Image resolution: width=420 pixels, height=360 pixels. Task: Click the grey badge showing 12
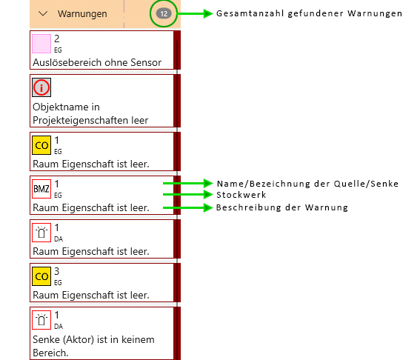(x=164, y=13)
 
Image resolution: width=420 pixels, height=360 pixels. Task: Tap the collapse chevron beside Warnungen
(x=43, y=13)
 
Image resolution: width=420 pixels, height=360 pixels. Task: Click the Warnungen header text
(x=82, y=13)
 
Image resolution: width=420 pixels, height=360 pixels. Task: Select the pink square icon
(x=41, y=44)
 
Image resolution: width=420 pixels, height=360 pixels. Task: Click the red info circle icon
(x=41, y=87)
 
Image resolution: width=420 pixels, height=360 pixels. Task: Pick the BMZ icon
(x=41, y=189)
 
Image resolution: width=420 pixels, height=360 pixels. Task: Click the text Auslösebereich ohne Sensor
(x=97, y=62)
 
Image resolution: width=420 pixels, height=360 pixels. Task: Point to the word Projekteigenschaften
(x=81, y=120)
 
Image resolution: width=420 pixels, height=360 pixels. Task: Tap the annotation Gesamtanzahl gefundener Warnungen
(x=309, y=13)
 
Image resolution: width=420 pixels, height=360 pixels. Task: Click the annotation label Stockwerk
(x=241, y=195)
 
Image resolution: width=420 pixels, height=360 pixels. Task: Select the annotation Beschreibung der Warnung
(x=282, y=207)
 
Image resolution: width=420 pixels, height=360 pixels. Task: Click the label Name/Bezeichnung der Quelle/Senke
(x=307, y=184)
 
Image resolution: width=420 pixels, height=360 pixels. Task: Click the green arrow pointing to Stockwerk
(x=187, y=195)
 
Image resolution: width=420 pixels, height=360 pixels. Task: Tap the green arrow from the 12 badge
(x=195, y=13)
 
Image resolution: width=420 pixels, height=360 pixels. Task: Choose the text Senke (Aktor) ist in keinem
(x=93, y=339)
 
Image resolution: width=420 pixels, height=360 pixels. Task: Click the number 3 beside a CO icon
(x=57, y=271)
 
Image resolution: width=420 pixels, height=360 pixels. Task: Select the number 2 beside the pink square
(x=57, y=39)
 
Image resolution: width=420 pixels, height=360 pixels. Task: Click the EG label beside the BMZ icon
(x=58, y=196)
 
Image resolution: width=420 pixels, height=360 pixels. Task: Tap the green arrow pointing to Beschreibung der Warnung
(x=187, y=207)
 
